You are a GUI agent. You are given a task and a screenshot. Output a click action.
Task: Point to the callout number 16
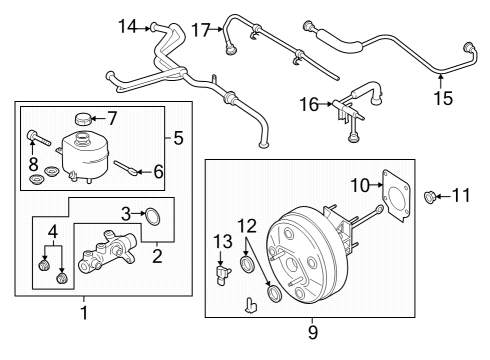coord(309,102)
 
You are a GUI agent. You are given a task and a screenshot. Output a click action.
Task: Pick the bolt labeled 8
coord(33,137)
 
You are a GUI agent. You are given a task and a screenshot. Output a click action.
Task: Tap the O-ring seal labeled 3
coord(153,214)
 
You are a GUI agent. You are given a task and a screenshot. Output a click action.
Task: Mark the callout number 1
coord(84,313)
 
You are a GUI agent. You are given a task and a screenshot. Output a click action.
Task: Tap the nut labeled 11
coord(433,197)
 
